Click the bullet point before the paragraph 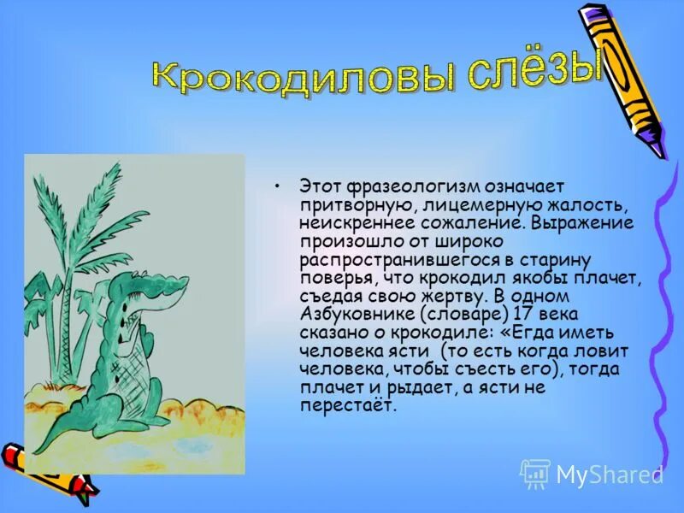[275, 185]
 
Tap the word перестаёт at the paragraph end [348, 406]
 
